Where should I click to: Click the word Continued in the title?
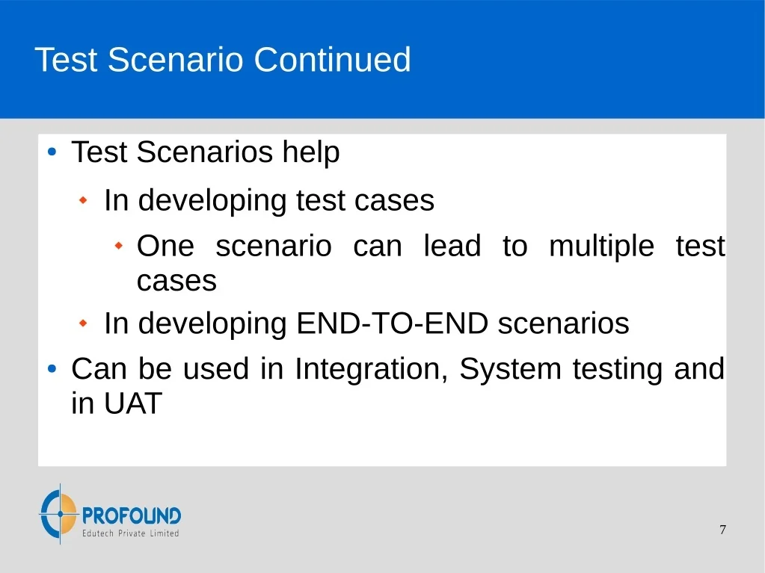[332, 60]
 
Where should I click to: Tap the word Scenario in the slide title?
[175, 60]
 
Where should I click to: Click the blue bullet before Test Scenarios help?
[52, 152]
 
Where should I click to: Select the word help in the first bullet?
[311, 152]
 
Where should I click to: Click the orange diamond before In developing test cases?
[83, 199]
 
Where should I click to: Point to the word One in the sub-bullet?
[165, 246]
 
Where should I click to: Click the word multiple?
[601, 247]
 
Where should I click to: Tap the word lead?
[452, 245]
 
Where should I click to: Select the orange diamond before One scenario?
[118, 246]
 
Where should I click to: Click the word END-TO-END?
[393, 323]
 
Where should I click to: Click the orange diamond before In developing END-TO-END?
[83, 323]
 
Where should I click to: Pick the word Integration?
[371, 369]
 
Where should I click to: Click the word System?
[510, 369]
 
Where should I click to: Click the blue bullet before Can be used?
[52, 369]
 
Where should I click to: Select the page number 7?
[722, 530]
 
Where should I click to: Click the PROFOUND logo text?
[132, 515]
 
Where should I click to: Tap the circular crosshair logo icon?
[59, 513]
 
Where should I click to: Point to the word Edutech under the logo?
[97, 533]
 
